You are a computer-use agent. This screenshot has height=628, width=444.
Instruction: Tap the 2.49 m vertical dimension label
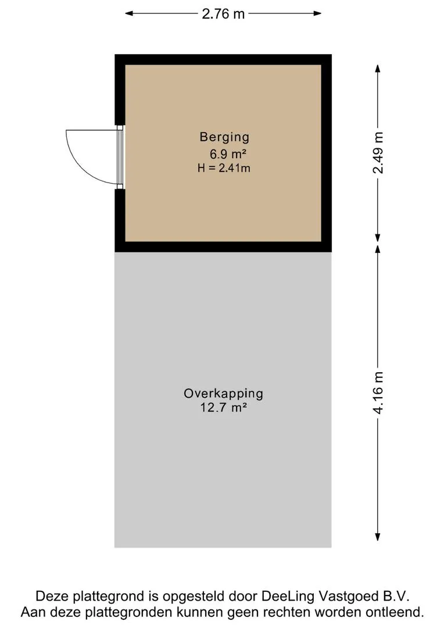click(x=378, y=152)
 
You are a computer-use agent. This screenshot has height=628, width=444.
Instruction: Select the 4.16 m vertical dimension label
click(x=378, y=393)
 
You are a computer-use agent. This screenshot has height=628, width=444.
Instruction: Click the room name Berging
click(x=224, y=137)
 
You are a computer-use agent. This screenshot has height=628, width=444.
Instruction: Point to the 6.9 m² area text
click(x=224, y=154)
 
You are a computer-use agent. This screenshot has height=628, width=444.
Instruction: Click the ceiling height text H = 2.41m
click(x=224, y=169)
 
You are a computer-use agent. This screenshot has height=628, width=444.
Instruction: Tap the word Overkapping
click(x=223, y=394)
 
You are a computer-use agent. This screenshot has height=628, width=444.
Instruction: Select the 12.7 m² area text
click(x=223, y=408)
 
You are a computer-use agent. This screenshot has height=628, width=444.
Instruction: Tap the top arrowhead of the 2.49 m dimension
click(x=378, y=67)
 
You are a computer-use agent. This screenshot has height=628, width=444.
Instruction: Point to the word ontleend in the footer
click(x=399, y=612)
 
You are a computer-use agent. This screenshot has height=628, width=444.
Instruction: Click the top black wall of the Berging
click(x=223, y=59)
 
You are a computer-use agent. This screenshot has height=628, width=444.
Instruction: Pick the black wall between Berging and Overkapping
click(x=223, y=247)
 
